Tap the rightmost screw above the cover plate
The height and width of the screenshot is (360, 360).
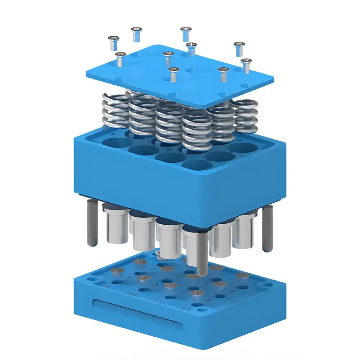pyautogui.click(x=246, y=64)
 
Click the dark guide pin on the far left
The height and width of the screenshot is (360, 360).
pyautogui.click(x=92, y=223)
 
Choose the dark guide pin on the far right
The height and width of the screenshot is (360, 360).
pyautogui.click(x=267, y=229)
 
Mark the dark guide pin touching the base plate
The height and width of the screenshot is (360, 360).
pyautogui.click(x=203, y=252)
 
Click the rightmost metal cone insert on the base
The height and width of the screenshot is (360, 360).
pyautogui.click(x=242, y=276)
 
